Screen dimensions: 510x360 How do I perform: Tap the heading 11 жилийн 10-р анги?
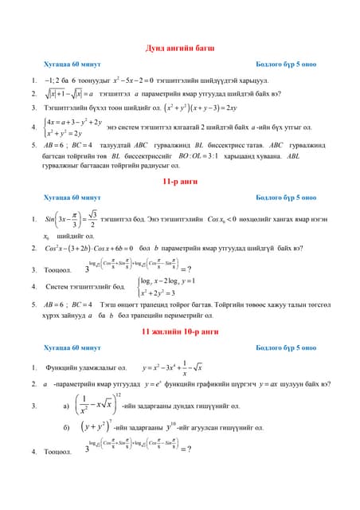coord(180,330)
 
